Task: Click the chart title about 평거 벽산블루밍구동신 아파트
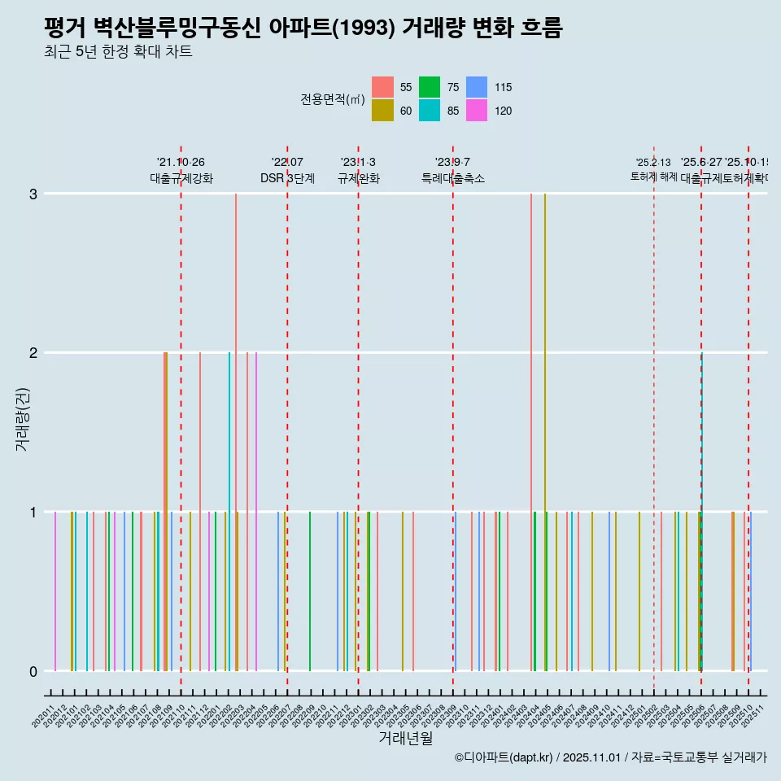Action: pos(303,28)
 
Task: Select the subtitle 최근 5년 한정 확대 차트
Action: pos(118,52)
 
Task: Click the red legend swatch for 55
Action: pos(383,87)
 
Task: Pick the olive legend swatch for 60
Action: pos(383,111)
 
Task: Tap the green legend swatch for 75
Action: pos(430,87)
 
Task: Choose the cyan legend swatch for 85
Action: pos(430,111)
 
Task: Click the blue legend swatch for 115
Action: pos(477,87)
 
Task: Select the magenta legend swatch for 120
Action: pos(477,111)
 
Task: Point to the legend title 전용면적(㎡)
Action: pos(332,99)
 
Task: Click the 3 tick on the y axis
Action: pos(33,194)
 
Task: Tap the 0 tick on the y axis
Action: pos(33,671)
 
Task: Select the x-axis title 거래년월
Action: pos(405,738)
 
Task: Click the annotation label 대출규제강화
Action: pos(181,178)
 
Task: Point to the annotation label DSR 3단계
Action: pos(287,178)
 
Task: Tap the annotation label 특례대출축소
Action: pos(452,178)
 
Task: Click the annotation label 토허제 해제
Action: pos(653,177)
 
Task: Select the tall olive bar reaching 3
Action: pos(545,431)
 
